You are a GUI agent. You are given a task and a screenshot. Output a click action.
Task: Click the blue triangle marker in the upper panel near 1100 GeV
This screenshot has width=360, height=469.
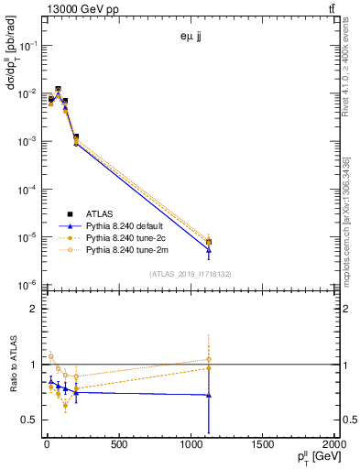point(209,249)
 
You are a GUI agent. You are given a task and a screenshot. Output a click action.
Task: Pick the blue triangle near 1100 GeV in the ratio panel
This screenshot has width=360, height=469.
point(209,395)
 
